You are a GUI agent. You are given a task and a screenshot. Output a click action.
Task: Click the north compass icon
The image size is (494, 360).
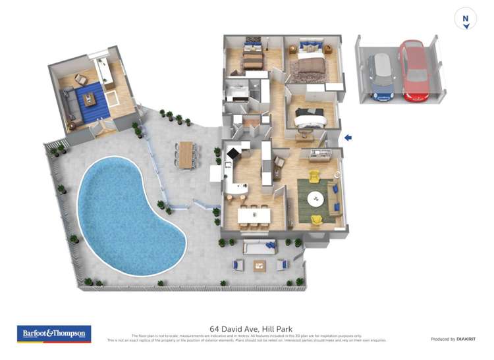466,18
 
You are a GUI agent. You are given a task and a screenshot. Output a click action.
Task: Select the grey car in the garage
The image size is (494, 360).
382,76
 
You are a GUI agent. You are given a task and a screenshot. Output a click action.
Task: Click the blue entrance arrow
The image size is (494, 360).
348,138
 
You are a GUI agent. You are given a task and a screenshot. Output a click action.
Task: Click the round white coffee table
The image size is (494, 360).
317,197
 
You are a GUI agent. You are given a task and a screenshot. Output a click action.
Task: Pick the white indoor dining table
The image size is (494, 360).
254,215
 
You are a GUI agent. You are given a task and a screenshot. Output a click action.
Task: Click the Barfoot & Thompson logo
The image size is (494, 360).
54,334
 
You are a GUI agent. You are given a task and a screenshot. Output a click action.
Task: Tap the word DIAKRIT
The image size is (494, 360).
466,339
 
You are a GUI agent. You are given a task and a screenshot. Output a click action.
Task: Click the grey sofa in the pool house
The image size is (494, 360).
68,105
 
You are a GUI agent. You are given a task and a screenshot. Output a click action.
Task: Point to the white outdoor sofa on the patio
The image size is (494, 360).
260,247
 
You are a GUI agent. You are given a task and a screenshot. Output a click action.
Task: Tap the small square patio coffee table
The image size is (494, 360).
260,266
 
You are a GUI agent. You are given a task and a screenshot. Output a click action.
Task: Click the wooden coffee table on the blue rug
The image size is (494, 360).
89,100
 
